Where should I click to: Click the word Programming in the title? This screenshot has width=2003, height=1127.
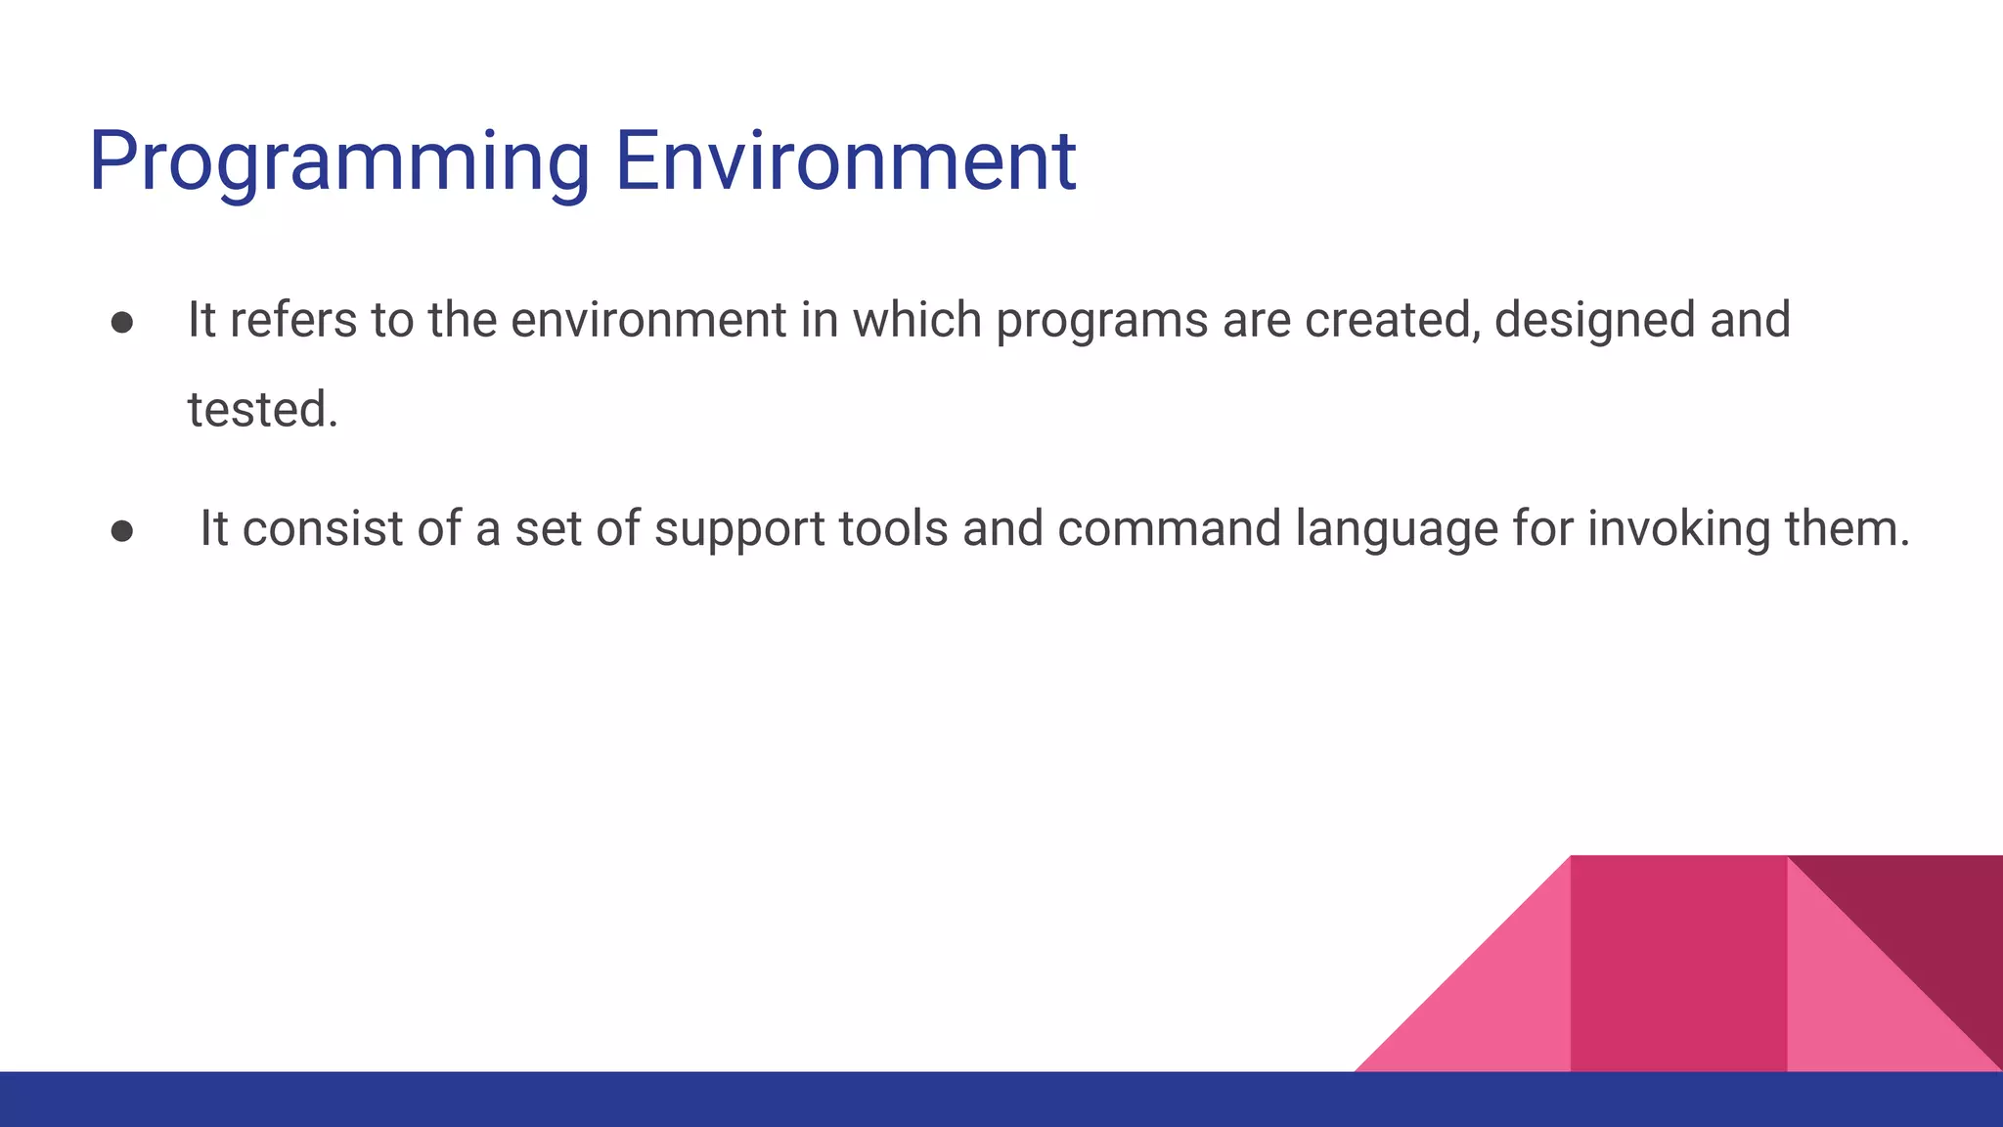tap(338, 161)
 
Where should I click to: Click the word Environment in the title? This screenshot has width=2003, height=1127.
tap(845, 161)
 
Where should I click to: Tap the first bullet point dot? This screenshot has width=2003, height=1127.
tap(122, 323)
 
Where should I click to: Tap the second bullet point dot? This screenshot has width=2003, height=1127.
tap(122, 530)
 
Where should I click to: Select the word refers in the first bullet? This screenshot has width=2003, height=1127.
tap(293, 321)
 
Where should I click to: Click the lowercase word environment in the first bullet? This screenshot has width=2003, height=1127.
tap(648, 321)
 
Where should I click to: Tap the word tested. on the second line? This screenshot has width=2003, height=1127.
tap(262, 410)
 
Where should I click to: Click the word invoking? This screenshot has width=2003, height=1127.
tap(1678, 529)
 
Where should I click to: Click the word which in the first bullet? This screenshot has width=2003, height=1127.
tap(916, 321)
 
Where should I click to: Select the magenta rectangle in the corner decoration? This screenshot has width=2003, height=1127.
tap(1677, 964)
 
